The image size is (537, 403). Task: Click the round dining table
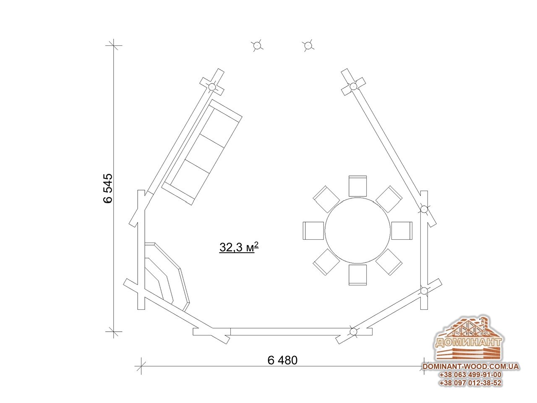tap(357, 230)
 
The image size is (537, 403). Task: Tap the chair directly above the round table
tap(357, 186)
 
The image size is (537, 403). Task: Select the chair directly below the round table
tap(357, 275)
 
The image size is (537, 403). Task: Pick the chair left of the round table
tap(313, 230)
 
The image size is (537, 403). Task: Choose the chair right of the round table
tap(402, 230)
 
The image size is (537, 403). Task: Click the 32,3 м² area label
tap(239, 247)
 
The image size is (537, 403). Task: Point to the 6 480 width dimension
tap(282, 360)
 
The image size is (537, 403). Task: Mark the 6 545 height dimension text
tap(108, 188)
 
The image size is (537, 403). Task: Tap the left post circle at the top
tap(257, 45)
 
